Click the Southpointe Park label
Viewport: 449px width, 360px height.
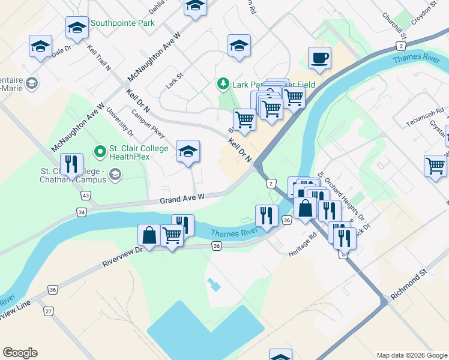pyautogui.click(x=122, y=23)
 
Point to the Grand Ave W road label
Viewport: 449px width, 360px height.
pyautogui.click(x=182, y=197)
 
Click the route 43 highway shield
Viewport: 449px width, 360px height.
pyautogui.click(x=86, y=196)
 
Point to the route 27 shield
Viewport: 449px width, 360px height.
pyautogui.click(x=49, y=311)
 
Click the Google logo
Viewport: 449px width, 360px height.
pyautogui.click(x=20, y=353)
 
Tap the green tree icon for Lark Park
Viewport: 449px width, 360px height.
pyautogui.click(x=223, y=83)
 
